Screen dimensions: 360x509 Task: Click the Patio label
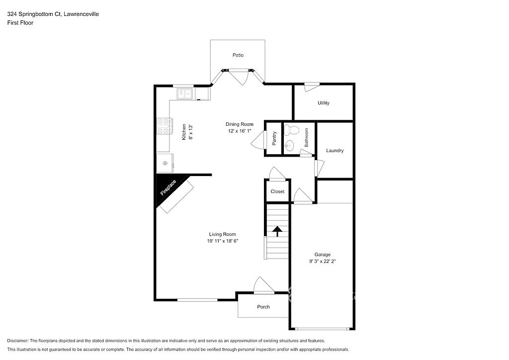(238, 55)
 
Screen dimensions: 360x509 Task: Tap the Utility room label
(323, 103)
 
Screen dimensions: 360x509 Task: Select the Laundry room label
(335, 151)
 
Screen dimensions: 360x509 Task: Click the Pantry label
(274, 139)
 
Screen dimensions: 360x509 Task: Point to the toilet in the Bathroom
(292, 131)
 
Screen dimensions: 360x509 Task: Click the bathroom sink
(290, 146)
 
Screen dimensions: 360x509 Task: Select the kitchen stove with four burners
(164, 126)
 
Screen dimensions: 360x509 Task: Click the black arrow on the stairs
(277, 231)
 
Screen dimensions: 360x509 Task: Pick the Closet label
(277, 191)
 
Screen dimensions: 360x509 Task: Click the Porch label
(263, 307)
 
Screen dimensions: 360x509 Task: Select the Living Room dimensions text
(222, 241)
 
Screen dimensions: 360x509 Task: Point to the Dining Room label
(240, 124)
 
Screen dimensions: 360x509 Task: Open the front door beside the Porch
(263, 286)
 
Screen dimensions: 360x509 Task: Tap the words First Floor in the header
(20, 22)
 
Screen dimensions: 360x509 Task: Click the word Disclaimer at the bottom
(18, 341)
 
